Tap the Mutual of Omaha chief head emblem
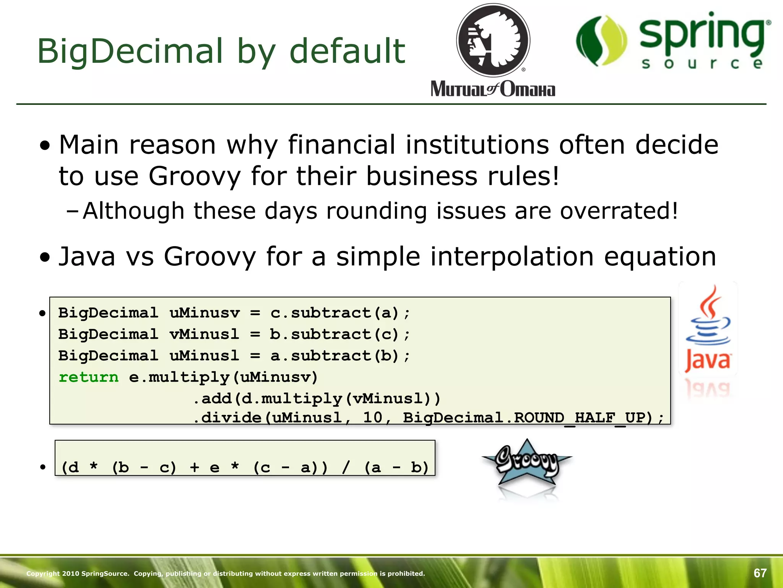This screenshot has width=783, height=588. (493, 41)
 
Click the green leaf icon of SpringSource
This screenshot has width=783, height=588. (601, 41)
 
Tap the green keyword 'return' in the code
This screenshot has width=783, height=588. (89, 377)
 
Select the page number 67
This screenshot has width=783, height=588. (760, 573)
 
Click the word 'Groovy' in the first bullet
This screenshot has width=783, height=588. (195, 176)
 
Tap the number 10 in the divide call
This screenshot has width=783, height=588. (372, 418)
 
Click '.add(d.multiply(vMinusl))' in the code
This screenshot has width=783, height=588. (317, 399)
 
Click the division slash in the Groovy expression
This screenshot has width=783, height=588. (346, 467)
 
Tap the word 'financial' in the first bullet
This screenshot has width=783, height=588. (341, 145)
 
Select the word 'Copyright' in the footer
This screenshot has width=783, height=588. (43, 573)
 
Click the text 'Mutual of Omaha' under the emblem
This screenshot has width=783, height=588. (493, 89)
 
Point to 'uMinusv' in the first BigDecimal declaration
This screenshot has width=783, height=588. (205, 313)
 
